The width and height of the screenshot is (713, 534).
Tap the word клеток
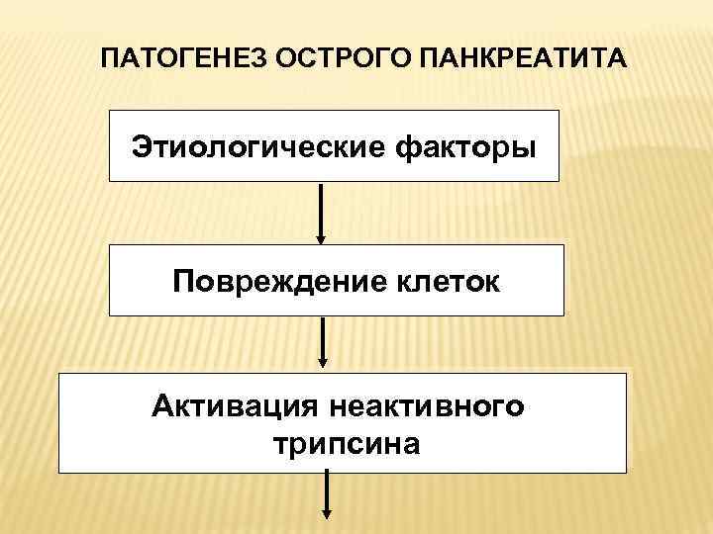point(443,283)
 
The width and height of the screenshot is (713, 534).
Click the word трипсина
point(343,443)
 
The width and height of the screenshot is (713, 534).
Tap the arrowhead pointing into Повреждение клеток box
point(321,238)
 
